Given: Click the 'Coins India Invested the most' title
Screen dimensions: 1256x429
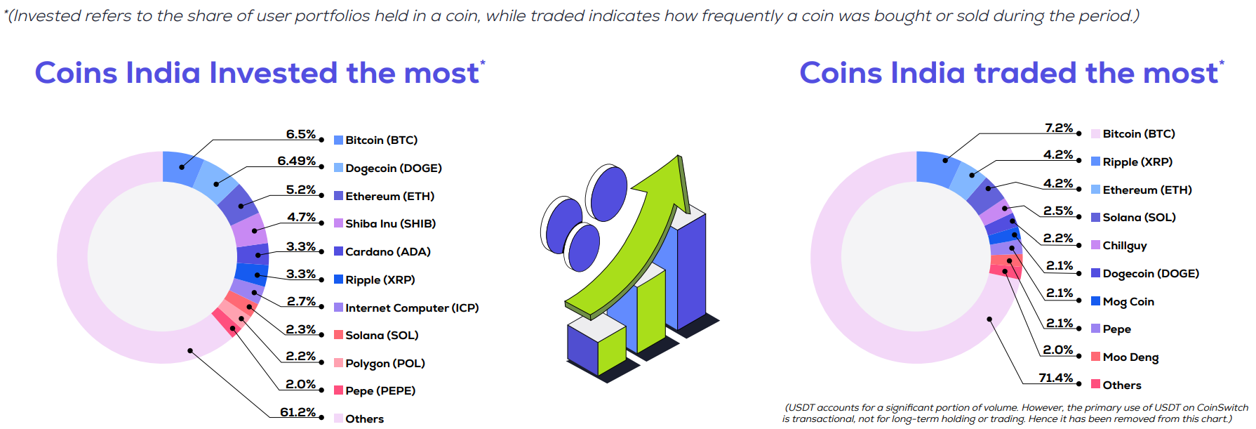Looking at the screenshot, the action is point(257,73).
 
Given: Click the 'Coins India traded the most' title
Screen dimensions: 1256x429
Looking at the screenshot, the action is point(1009,73).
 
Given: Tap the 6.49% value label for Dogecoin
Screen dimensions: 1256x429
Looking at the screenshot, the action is point(297,161).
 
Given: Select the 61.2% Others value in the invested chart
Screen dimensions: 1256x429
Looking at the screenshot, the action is point(298,412).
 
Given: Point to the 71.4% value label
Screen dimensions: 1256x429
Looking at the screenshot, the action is point(1056,378).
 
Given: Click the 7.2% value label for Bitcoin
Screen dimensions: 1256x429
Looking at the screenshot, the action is point(1059,128).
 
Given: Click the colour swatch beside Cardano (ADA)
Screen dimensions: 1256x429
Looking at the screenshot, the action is point(338,251).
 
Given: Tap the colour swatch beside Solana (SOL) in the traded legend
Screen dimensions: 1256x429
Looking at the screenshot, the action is point(1095,217).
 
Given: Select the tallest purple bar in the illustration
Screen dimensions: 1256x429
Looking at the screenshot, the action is point(692,270).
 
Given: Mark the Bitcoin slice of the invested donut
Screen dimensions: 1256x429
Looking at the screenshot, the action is point(182,168).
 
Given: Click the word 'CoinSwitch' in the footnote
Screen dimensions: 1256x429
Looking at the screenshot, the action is point(1222,407).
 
